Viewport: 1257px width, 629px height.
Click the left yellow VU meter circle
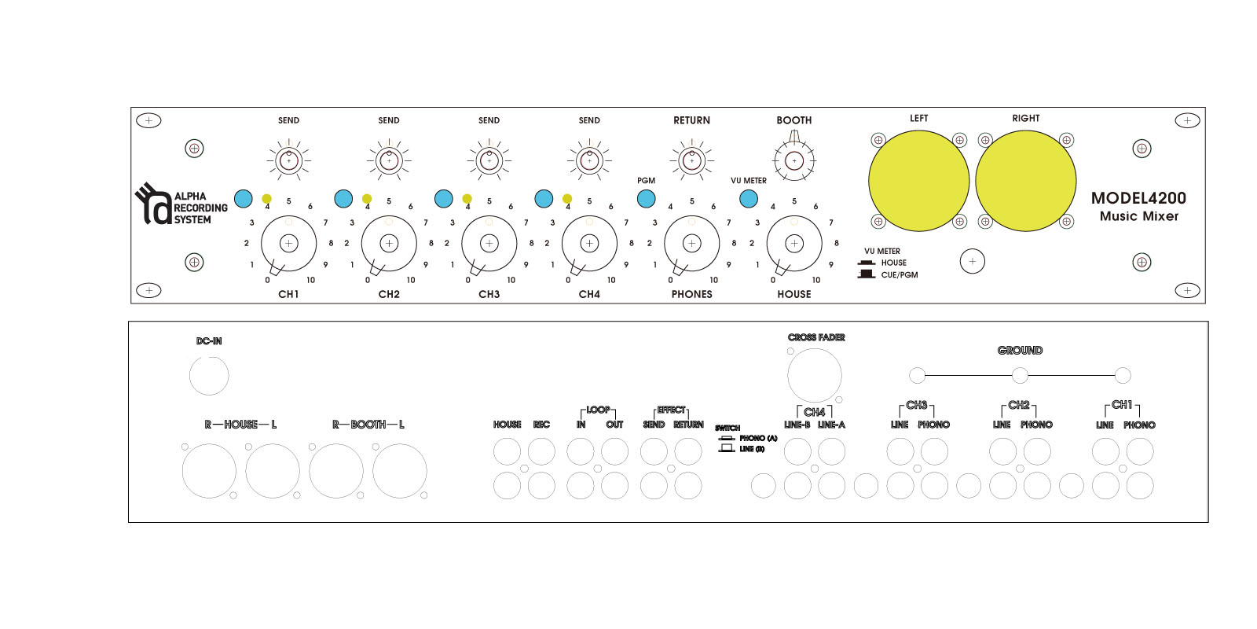pyautogui.click(x=918, y=181)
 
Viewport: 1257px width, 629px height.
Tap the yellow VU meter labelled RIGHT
pyautogui.click(x=1026, y=181)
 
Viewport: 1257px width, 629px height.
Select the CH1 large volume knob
pyautogui.click(x=289, y=243)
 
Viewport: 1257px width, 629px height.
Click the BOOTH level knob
pyautogui.click(x=794, y=161)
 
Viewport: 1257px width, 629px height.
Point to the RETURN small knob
pyautogui.click(x=692, y=161)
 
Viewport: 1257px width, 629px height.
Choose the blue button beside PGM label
pyautogui.click(x=647, y=199)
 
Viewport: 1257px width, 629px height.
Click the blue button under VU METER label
pyautogui.click(x=749, y=199)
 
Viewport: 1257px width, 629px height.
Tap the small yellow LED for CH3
pyautogui.click(x=467, y=198)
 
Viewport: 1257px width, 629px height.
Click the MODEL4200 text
pyautogui.click(x=1138, y=198)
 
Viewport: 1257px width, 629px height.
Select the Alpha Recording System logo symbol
pyautogui.click(x=152, y=204)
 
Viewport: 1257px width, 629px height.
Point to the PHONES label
pyautogui.click(x=692, y=294)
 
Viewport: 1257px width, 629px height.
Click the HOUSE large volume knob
pyautogui.click(x=794, y=243)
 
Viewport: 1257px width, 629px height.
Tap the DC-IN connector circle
pyautogui.click(x=209, y=376)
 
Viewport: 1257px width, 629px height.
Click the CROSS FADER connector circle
pyautogui.click(x=814, y=376)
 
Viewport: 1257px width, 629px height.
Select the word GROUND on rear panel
pyautogui.click(x=1021, y=351)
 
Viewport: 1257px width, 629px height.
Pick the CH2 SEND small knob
pyautogui.click(x=389, y=161)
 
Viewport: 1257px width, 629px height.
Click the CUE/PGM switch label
pyautogui.click(x=900, y=275)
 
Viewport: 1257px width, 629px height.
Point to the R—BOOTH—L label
pyautogui.click(x=368, y=425)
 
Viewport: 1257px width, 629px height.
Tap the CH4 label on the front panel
pyautogui.click(x=589, y=294)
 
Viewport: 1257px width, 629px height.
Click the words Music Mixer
pyautogui.click(x=1139, y=216)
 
